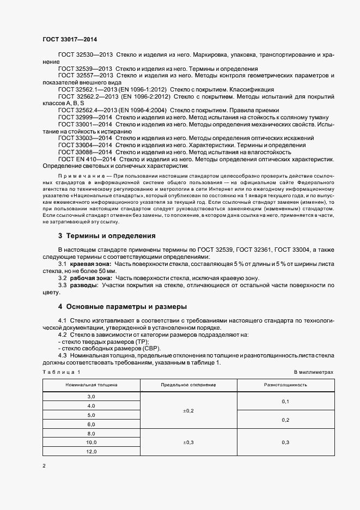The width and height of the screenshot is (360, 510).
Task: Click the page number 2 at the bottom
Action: [44, 466]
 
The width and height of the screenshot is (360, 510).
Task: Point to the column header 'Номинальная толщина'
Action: [91, 385]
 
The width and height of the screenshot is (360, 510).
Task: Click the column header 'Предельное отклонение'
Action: [188, 385]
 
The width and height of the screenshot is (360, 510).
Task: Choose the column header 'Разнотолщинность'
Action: [285, 385]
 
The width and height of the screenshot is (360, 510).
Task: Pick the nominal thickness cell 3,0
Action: [91, 396]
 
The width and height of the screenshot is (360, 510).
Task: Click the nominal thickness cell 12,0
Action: [91, 452]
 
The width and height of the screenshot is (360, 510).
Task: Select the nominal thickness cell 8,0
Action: [91, 433]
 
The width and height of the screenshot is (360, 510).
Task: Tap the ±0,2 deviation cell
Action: [188, 410]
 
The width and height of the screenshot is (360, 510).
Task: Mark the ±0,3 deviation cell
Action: [188, 442]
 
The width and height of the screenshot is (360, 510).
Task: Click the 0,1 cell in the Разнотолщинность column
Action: [285, 401]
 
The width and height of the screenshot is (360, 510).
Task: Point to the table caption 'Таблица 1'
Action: [62, 372]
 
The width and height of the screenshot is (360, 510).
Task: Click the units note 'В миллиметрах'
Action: [313, 372]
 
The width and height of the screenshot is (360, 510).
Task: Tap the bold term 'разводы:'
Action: [83, 285]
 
